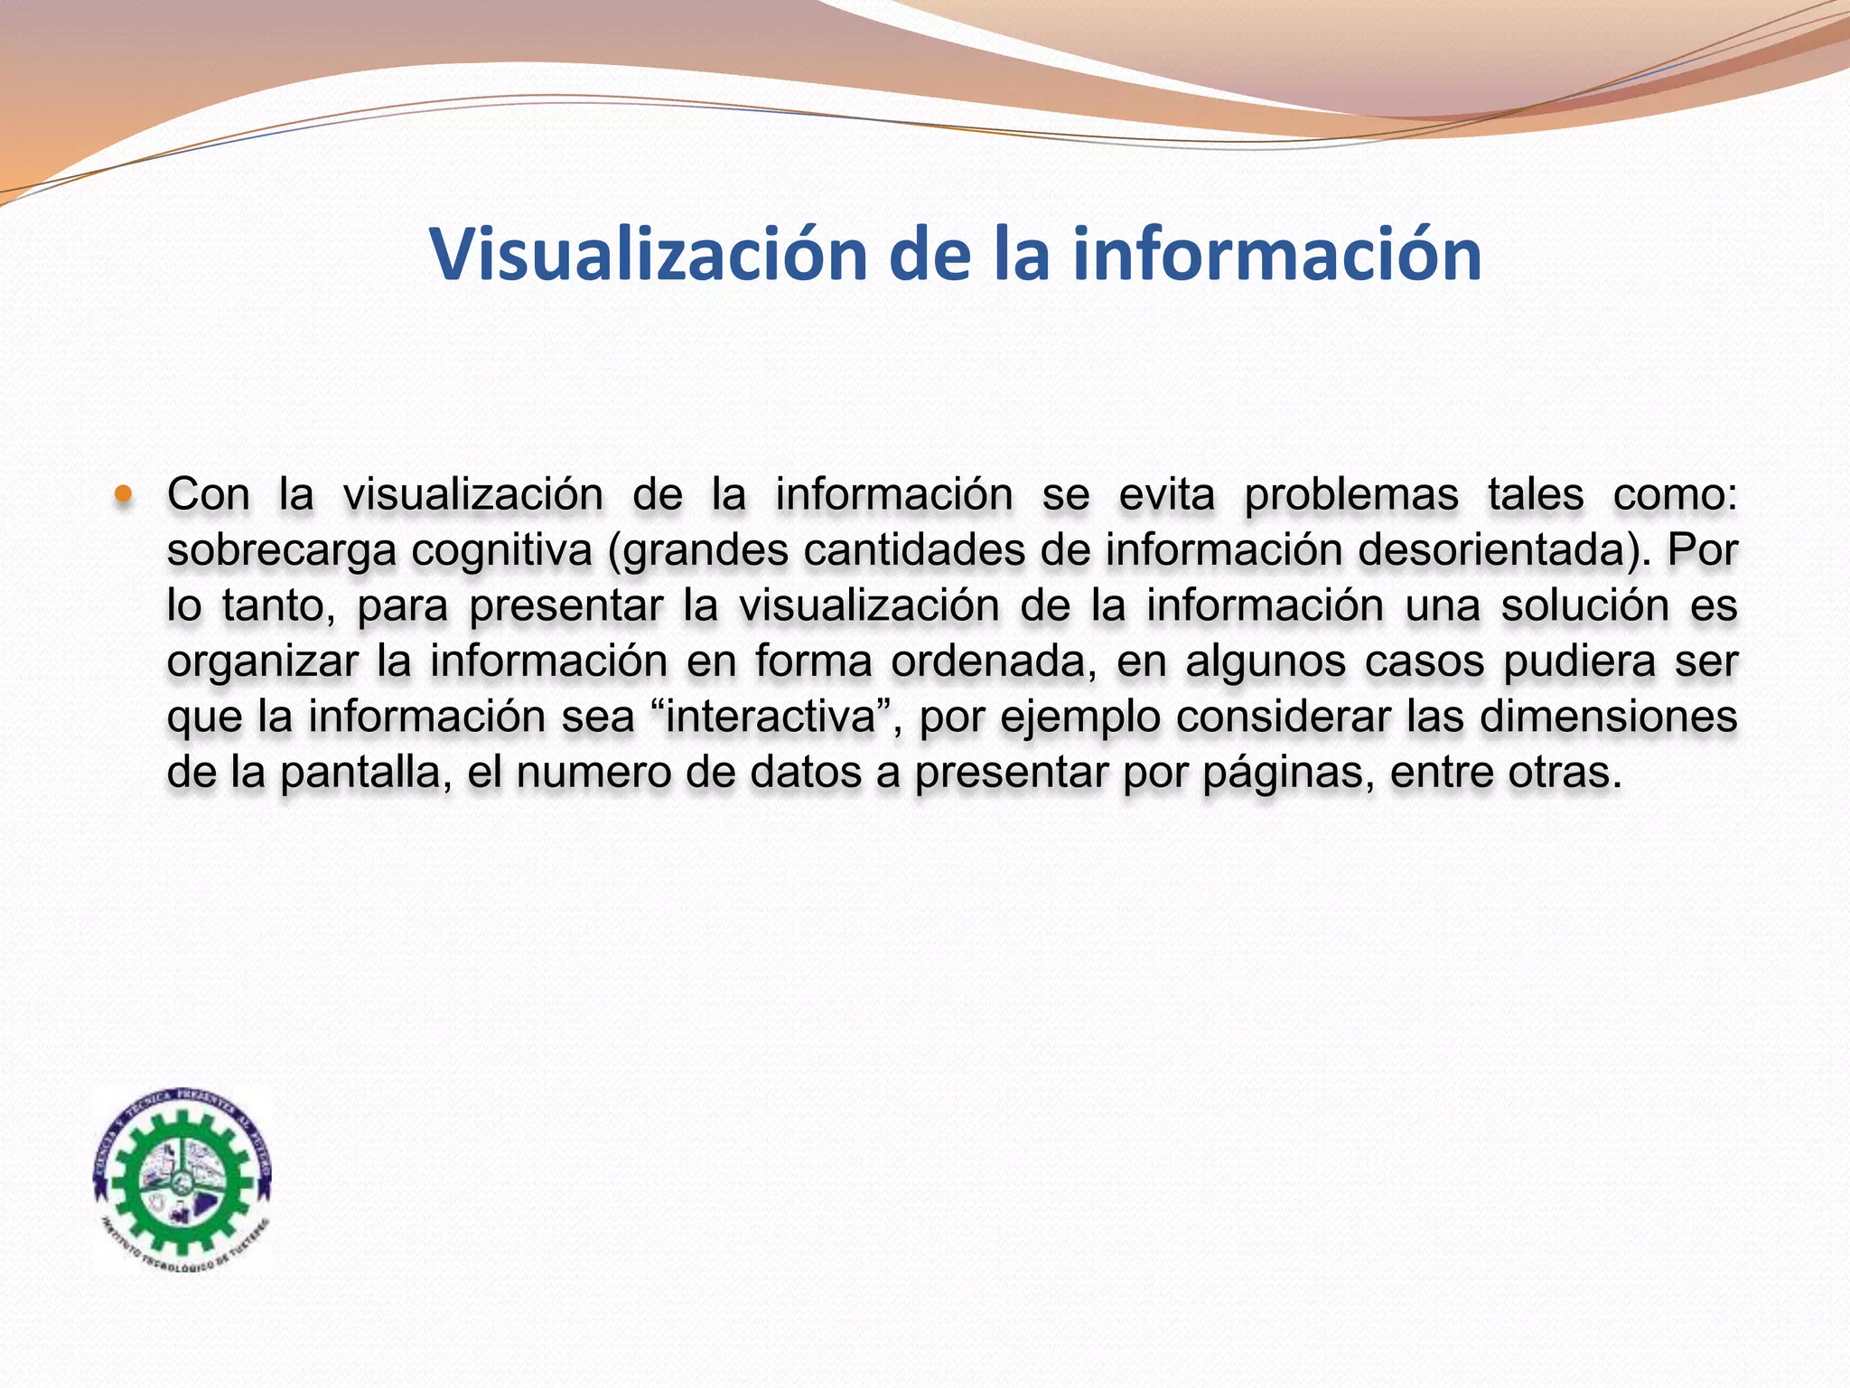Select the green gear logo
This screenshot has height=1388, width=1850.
183,1179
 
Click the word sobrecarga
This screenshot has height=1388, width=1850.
281,550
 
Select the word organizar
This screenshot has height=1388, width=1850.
262,661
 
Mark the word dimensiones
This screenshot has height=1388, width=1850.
1608,717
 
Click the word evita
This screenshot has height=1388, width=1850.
1166,495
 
